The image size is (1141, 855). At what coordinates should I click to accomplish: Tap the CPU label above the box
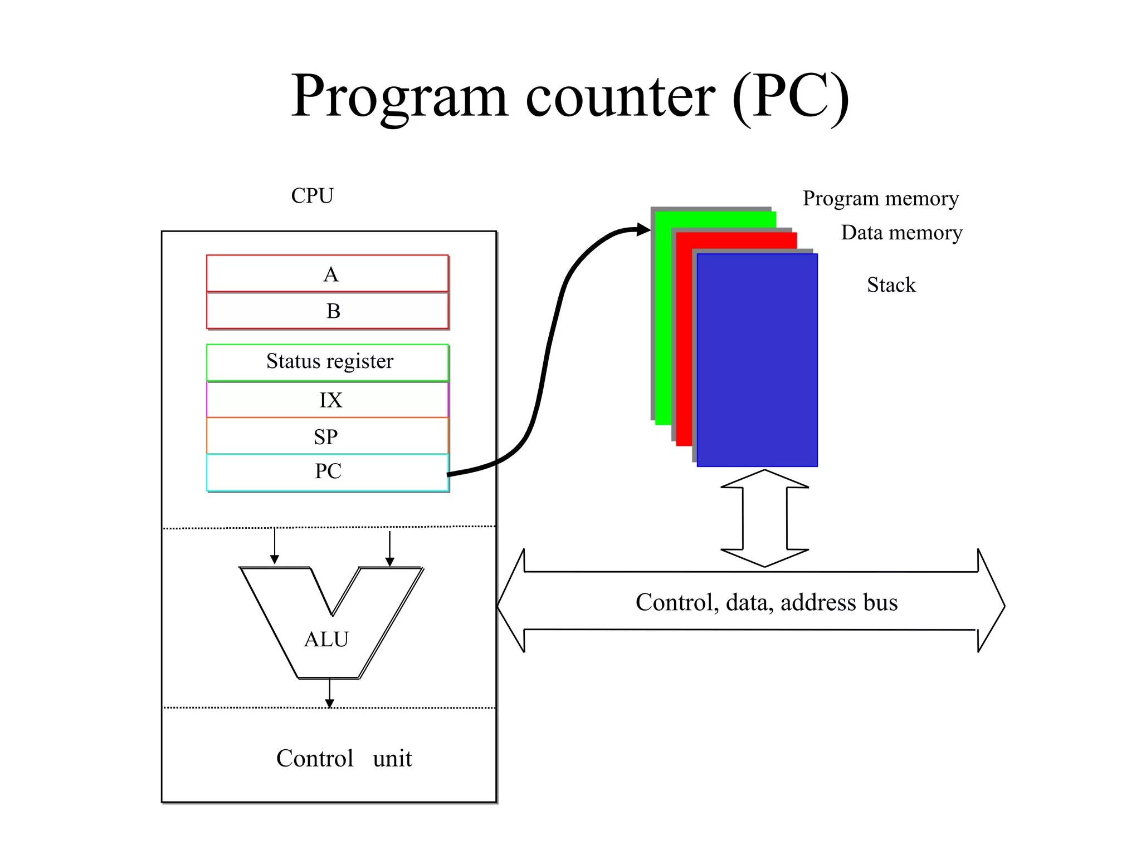click(312, 196)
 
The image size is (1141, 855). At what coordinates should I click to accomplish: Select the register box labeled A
click(328, 274)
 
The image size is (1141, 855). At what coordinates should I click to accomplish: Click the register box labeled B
click(328, 311)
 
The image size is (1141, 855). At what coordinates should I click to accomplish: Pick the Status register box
click(328, 362)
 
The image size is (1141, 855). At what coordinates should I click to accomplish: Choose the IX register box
click(328, 400)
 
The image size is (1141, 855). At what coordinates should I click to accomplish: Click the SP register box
click(328, 436)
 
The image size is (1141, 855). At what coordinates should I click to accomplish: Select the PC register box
click(328, 472)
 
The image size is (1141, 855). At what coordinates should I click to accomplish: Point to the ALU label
click(326, 639)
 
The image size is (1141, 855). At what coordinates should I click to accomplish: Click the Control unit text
click(344, 758)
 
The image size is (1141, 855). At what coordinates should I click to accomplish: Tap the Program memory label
click(880, 198)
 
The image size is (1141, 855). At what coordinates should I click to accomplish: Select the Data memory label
click(901, 233)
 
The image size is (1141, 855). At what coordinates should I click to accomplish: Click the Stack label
click(891, 285)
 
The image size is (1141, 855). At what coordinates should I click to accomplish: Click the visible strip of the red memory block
click(684, 345)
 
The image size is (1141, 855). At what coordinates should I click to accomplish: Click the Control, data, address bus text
click(767, 602)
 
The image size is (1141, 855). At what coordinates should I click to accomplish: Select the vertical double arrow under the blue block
click(764, 518)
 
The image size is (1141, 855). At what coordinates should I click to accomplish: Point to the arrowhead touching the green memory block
click(643, 229)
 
